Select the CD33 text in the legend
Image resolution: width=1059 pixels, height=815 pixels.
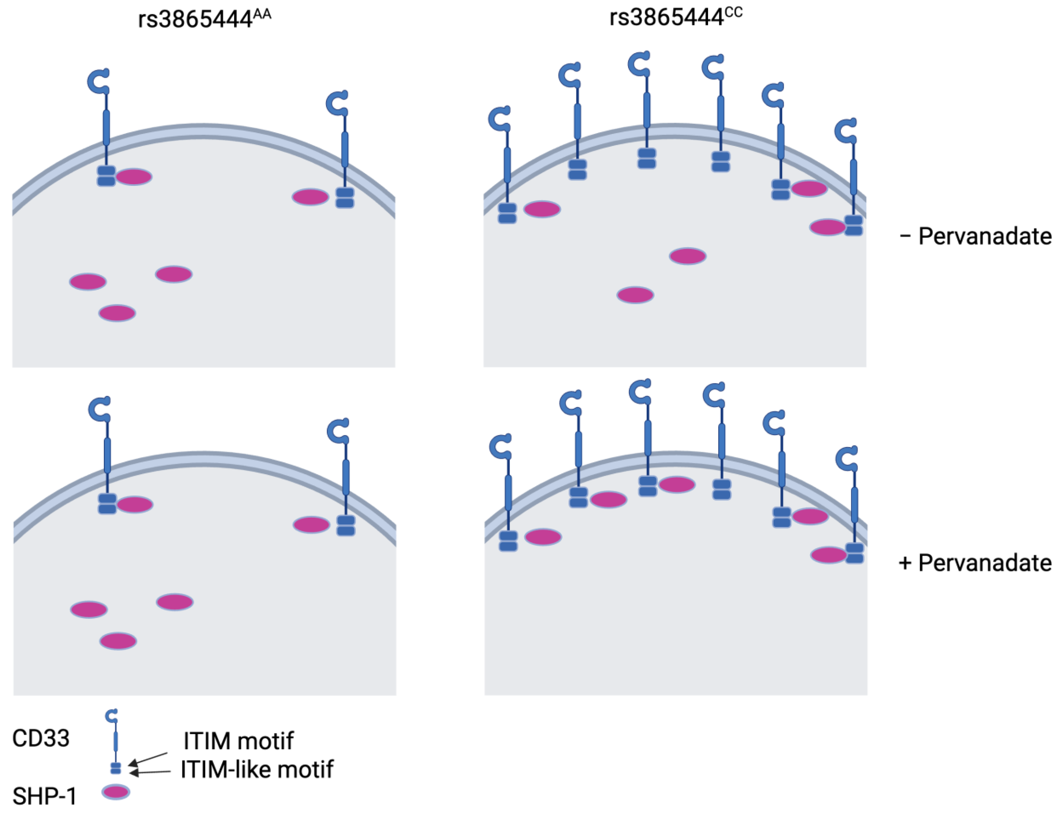coord(41,738)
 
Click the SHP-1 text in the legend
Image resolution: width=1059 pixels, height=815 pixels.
coord(44,797)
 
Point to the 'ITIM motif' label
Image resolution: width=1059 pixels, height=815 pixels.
coord(238,741)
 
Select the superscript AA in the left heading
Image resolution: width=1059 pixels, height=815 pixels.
coord(262,14)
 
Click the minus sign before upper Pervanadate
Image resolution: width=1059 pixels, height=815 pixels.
coord(905,237)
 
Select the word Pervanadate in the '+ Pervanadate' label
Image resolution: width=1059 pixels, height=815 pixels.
coord(985,563)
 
